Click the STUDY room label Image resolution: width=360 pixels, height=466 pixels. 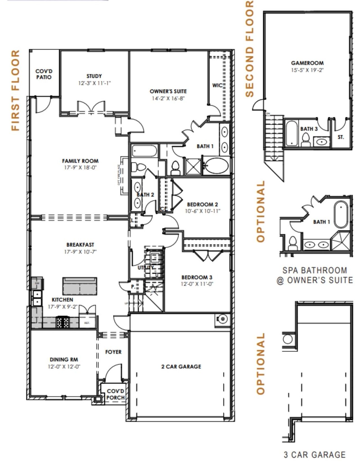point(94,76)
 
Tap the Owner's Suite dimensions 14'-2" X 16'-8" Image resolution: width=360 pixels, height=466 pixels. point(168,98)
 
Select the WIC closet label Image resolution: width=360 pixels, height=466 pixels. point(217,85)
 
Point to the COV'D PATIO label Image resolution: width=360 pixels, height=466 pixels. point(44,74)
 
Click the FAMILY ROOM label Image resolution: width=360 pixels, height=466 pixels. point(80,161)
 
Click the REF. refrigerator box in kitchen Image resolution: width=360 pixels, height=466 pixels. point(87,323)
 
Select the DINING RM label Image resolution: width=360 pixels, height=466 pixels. point(64,359)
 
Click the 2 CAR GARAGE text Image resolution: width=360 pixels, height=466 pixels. point(181,367)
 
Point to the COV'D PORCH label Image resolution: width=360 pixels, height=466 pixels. point(115,394)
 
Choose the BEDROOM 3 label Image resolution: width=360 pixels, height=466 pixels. point(197,277)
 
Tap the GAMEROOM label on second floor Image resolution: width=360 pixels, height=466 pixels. point(307,63)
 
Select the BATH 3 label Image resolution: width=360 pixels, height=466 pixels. point(309,129)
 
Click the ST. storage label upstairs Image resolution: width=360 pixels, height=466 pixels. point(341,137)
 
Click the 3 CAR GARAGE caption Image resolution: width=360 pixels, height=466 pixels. point(314,454)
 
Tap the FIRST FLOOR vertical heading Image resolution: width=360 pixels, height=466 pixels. point(15,90)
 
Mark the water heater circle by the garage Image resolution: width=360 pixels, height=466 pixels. point(222,319)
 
